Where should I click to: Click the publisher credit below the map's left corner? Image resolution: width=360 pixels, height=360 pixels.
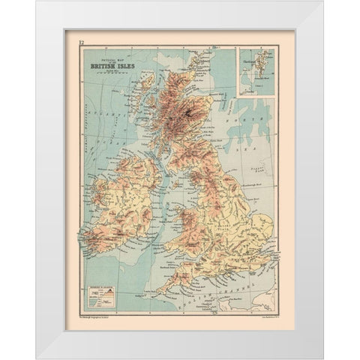tap(94, 319)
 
